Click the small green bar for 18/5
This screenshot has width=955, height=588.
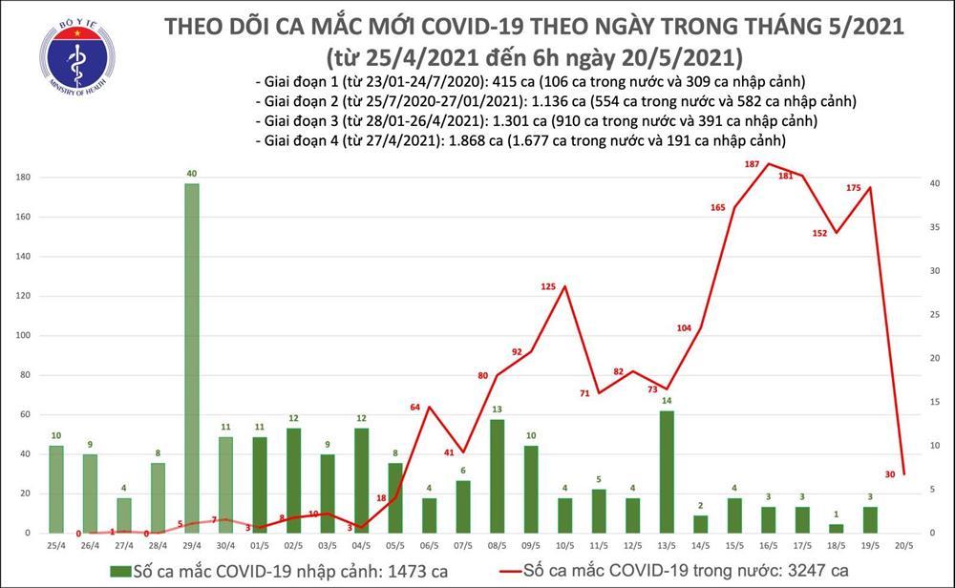(x=837, y=528)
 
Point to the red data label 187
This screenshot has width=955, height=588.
(x=752, y=165)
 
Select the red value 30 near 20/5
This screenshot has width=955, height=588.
(x=890, y=474)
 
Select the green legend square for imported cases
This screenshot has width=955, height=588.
(x=121, y=572)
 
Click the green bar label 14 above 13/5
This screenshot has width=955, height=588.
(x=668, y=401)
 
